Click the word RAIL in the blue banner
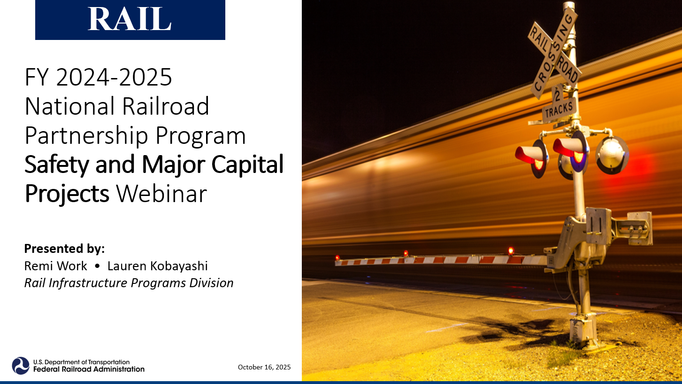(x=130, y=20)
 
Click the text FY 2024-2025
(x=99, y=78)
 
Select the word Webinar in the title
(x=161, y=194)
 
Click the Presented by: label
(x=64, y=248)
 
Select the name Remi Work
(x=55, y=266)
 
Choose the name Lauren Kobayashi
(x=158, y=266)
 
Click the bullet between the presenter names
(x=97, y=266)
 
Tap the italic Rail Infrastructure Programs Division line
(x=129, y=283)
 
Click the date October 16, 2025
(x=264, y=367)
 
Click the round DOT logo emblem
(x=21, y=366)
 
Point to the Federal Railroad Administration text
(x=89, y=369)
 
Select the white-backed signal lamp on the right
(x=612, y=154)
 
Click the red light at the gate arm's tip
(x=337, y=258)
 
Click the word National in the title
(x=69, y=107)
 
